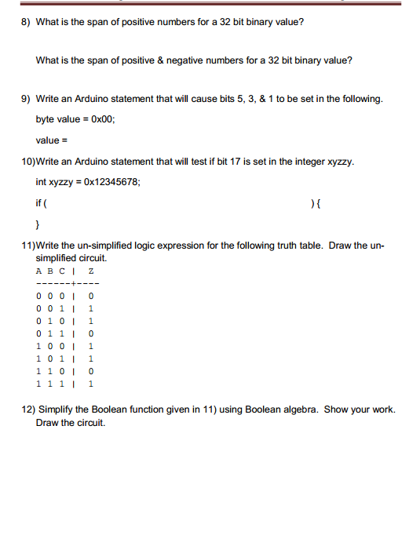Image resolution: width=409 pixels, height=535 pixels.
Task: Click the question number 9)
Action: tap(24, 99)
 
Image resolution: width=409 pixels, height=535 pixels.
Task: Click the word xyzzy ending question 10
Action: tap(340, 162)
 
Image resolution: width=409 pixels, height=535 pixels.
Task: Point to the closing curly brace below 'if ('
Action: tap(38, 222)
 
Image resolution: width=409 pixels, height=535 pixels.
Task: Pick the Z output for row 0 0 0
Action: tap(92, 296)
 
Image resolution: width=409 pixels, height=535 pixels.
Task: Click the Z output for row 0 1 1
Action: tap(92, 333)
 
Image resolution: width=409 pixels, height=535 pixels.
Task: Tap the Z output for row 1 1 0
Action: tap(92, 371)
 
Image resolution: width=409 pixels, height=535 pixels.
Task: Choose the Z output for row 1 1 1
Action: tap(92, 384)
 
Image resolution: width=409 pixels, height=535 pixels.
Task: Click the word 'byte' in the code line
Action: tap(46, 119)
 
